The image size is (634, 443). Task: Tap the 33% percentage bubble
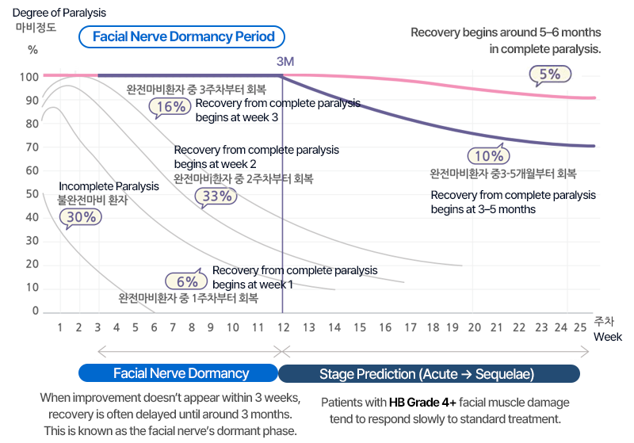[217, 196]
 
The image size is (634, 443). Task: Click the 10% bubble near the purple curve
[489, 155]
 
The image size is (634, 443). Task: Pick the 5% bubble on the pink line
[549, 74]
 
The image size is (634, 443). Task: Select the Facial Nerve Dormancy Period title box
[183, 36]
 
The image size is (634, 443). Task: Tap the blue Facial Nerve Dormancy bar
[181, 373]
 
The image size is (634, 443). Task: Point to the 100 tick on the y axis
[30, 77]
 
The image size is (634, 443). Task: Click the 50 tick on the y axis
[32, 194]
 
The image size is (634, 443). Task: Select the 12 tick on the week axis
[284, 327]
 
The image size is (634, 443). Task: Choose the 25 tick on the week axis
[580, 327]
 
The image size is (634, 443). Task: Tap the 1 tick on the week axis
[59, 327]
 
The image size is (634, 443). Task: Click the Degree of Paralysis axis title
[59, 13]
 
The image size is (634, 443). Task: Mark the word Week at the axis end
[609, 337]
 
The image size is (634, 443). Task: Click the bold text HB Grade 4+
[422, 402]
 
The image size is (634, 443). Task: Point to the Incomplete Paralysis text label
[109, 186]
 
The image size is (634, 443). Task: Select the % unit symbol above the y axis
[32, 49]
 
